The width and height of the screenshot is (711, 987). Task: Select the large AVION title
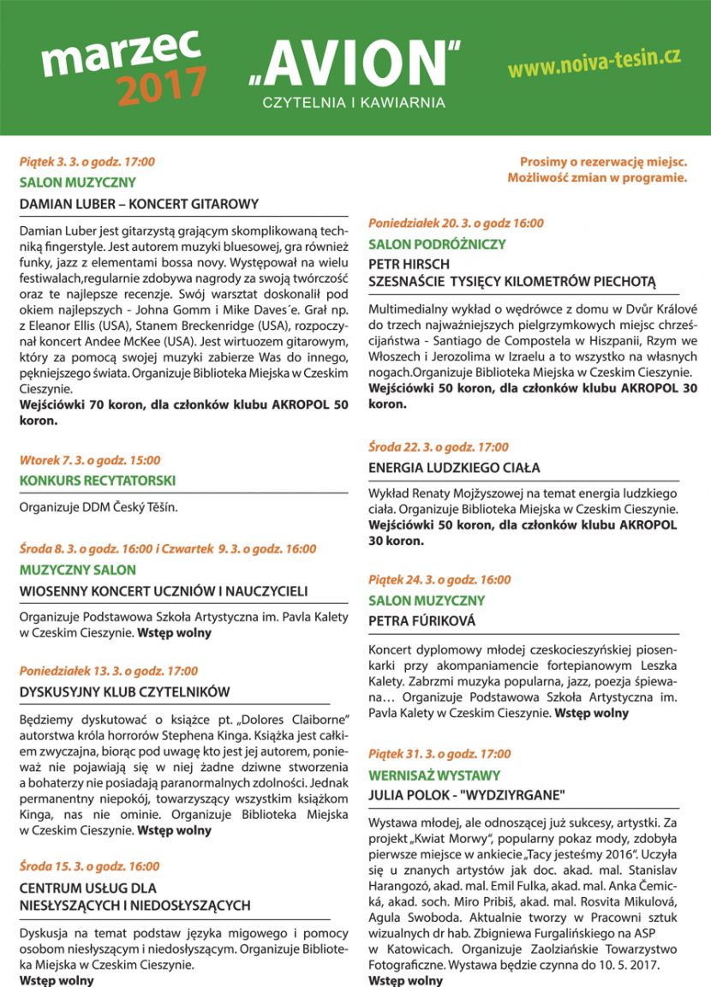pos(354,67)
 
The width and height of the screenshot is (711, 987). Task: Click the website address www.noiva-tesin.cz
pos(594,63)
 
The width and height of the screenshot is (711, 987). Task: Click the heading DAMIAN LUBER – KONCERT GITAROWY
pos(139,204)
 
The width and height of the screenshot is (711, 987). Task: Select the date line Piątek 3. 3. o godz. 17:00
pos(87,162)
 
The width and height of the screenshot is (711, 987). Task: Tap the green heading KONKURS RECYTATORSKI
pos(98,481)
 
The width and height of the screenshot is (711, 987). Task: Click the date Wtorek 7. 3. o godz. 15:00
pos(90,460)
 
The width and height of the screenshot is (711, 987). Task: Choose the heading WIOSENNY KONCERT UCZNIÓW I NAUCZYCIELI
pos(164,591)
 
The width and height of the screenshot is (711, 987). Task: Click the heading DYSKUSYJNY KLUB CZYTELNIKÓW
pos(125,692)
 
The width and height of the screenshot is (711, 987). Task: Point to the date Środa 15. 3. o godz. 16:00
pos(89,866)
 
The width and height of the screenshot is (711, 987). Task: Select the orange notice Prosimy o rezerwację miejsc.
pos(603,162)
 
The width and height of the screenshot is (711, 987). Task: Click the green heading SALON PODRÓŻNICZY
pos(425,244)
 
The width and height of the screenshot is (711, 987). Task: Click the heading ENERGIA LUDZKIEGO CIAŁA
pos(454,468)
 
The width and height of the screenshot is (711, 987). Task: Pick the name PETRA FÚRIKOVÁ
pos(421,620)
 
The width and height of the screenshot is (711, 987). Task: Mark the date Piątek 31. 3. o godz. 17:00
pos(439,754)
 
